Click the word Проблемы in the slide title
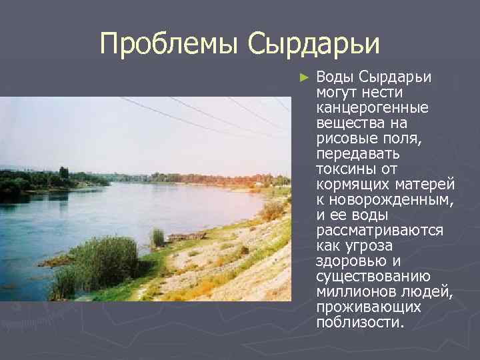pyautogui.click(x=170, y=44)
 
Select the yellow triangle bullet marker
pyautogui.click(x=305, y=77)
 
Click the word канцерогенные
pyautogui.click(x=372, y=107)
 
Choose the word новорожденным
pyautogui.click(x=389, y=200)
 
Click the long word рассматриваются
pyautogui.click(x=379, y=231)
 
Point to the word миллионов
pyautogui.click(x=351, y=292)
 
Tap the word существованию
pyautogui.click(x=373, y=277)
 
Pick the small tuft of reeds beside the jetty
pyautogui.click(x=157, y=236)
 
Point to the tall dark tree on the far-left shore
pyautogui.click(x=64, y=173)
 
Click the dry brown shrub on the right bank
pyautogui.click(x=272, y=211)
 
